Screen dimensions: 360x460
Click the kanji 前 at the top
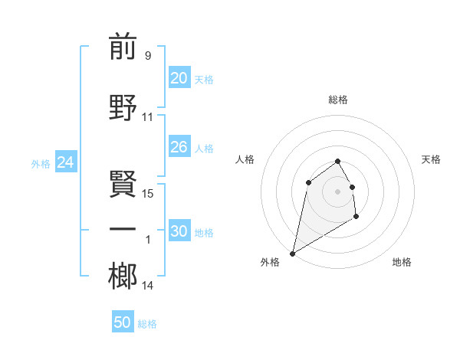[x=123, y=47]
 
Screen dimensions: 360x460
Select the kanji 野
[x=123, y=108]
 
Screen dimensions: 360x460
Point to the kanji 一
[x=123, y=229]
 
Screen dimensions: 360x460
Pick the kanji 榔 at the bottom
[x=123, y=276]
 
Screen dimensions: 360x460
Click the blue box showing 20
[x=179, y=78]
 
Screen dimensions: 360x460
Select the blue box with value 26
[x=179, y=147]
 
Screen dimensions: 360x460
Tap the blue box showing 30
[x=179, y=231]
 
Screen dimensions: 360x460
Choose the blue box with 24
[x=65, y=162]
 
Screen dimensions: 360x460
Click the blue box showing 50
[x=123, y=322]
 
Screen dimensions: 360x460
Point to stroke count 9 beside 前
[x=147, y=56]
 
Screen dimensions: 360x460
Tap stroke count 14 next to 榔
[x=148, y=286]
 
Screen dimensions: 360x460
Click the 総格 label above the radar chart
[x=337, y=100]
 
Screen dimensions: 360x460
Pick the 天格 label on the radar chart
[x=431, y=159]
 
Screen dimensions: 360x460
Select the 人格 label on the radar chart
[x=245, y=159]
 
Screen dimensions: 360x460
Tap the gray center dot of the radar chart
[x=337, y=191]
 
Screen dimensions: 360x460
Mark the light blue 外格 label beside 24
[x=41, y=163]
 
